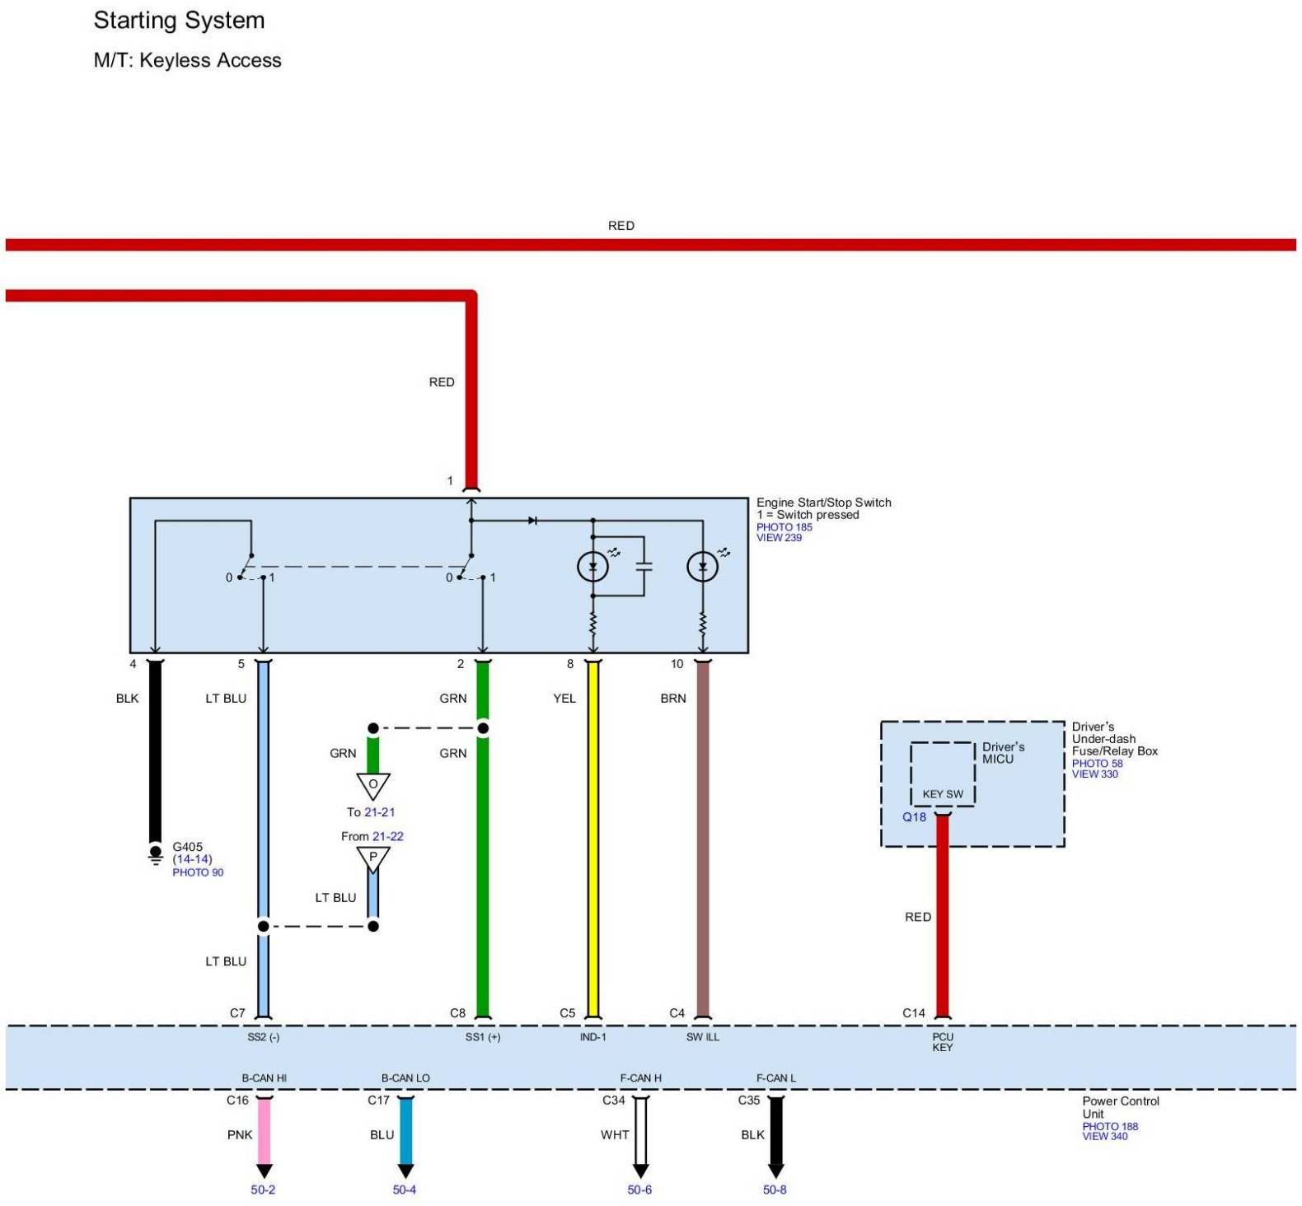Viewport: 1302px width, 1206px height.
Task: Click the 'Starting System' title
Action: point(179,21)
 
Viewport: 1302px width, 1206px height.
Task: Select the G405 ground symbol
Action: point(155,854)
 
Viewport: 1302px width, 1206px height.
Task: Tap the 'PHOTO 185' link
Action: point(784,527)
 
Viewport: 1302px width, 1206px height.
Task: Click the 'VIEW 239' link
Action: point(779,538)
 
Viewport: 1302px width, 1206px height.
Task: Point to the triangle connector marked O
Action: point(373,785)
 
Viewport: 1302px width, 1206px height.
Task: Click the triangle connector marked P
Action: point(373,858)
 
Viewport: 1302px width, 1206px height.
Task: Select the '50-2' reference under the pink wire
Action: point(263,1190)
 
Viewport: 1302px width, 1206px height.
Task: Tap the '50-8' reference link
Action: point(775,1190)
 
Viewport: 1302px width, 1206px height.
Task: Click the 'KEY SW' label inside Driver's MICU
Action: point(943,794)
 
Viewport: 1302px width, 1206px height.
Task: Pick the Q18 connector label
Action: point(914,817)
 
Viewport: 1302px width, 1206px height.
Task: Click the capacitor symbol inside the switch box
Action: point(644,566)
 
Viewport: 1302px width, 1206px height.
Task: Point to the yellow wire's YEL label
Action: point(564,699)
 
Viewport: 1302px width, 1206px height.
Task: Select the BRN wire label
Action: point(673,699)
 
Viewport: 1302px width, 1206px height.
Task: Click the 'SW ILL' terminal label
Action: point(703,1037)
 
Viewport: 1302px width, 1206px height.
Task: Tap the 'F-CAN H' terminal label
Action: point(640,1078)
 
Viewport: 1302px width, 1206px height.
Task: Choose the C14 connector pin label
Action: point(914,1013)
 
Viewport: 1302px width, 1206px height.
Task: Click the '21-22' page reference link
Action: point(387,836)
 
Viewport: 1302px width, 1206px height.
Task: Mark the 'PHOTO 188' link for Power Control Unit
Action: point(1110,1126)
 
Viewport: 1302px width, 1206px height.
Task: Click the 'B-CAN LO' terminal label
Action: point(405,1078)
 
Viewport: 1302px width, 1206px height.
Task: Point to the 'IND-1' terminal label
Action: point(592,1037)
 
